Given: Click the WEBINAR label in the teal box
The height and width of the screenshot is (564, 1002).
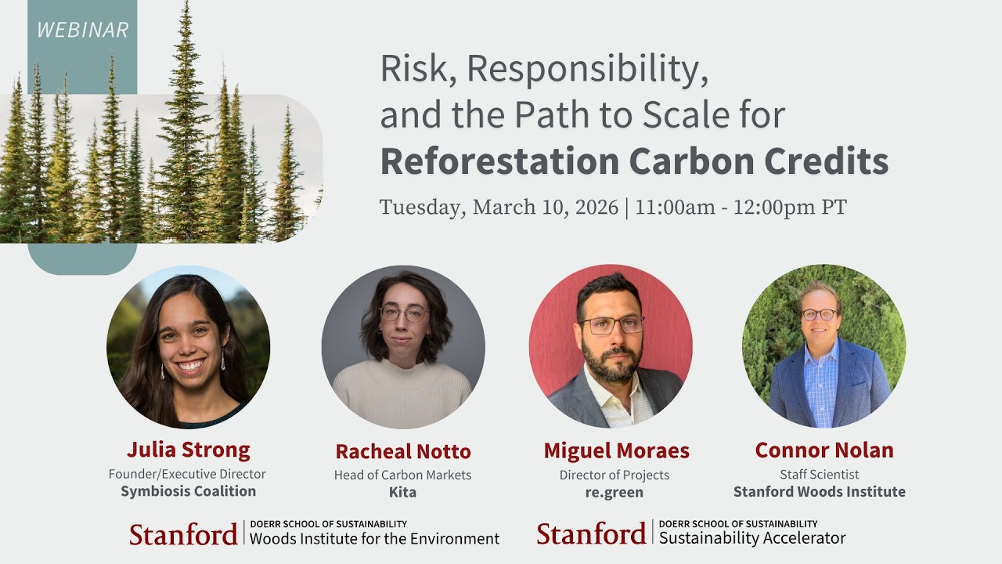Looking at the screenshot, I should [x=82, y=30].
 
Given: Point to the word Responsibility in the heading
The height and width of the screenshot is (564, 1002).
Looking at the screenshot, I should [x=588, y=70].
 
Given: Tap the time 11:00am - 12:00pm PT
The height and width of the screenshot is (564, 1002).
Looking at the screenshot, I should [x=741, y=208].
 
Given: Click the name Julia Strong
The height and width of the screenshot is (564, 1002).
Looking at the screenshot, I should [x=188, y=450].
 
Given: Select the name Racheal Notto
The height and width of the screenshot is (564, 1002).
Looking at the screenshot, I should [x=403, y=451].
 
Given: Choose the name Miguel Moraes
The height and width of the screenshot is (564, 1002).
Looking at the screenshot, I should [x=616, y=451].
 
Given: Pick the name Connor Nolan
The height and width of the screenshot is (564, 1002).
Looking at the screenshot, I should [x=824, y=450].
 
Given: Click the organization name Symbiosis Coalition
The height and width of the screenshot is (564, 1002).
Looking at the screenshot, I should [x=188, y=491].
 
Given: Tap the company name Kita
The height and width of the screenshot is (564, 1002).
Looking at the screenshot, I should [x=402, y=493].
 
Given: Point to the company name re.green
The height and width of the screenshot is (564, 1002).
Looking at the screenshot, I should [x=615, y=493].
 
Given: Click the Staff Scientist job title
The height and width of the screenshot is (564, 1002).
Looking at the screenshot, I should [x=819, y=474].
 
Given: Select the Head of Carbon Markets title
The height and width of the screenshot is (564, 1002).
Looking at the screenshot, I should [x=402, y=475].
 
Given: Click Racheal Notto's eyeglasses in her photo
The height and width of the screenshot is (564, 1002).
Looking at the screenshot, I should [x=403, y=314].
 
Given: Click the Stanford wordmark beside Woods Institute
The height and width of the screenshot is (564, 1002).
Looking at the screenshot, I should [x=183, y=534].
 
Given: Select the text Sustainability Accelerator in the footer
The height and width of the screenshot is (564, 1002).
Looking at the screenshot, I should [x=752, y=538].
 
